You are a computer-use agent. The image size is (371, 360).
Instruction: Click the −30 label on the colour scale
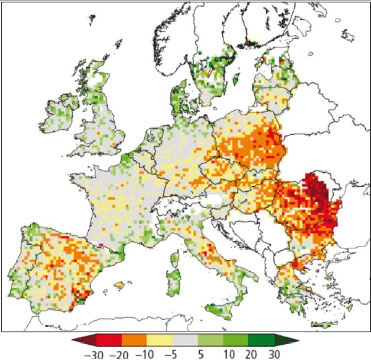click(83, 354)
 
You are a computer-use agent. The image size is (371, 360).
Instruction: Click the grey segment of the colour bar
click(185, 341)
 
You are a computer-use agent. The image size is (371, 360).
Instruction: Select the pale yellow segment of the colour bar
click(160, 341)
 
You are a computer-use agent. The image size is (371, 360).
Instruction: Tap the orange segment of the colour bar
click(134, 341)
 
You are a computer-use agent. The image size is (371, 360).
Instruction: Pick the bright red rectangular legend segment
click(109, 341)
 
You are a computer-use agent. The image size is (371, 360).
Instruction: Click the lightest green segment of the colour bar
click(210, 341)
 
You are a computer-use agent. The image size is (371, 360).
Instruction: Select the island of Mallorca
click(120, 285)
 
